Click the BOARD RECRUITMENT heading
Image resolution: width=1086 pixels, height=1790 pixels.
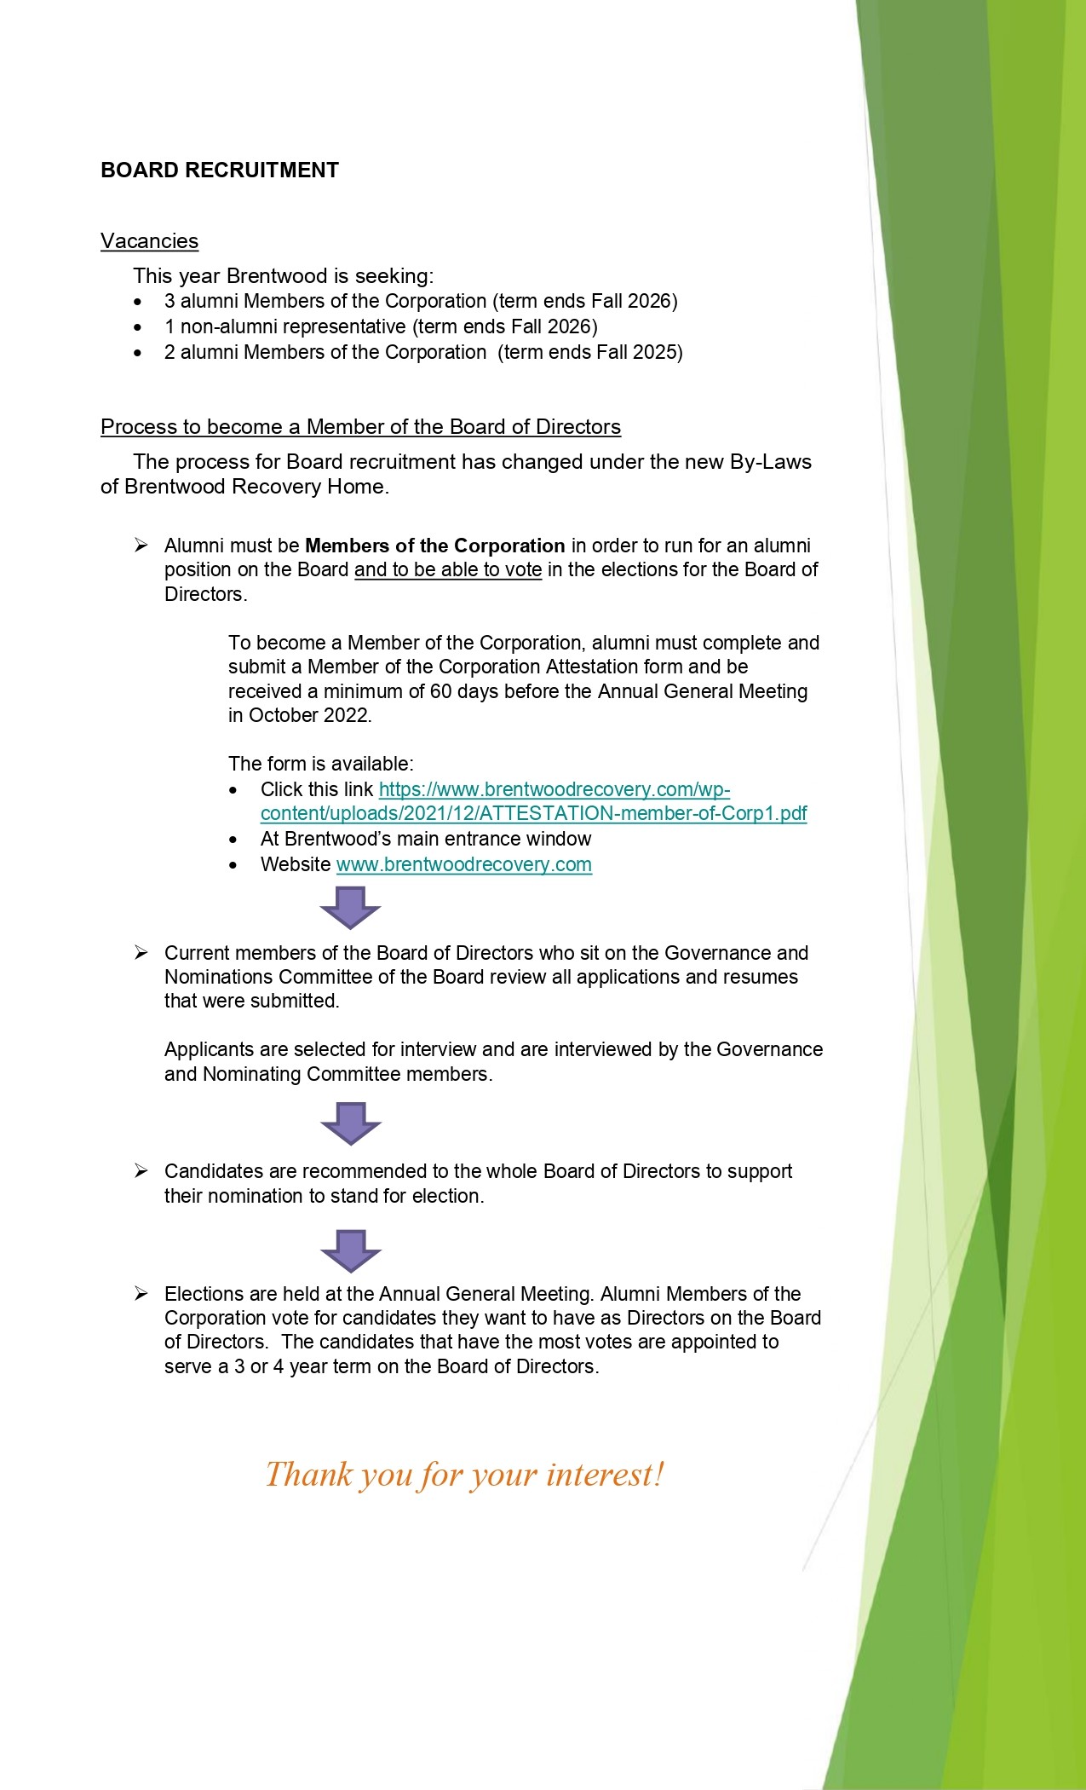click(x=220, y=170)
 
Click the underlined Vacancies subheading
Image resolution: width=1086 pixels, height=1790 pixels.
click(x=149, y=241)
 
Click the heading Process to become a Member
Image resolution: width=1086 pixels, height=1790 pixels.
click(x=360, y=427)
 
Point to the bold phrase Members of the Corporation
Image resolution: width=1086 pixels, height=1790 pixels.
click(x=434, y=546)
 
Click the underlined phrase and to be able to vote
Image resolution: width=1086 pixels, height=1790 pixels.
click(x=448, y=569)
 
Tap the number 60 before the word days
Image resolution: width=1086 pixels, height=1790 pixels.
click(x=440, y=691)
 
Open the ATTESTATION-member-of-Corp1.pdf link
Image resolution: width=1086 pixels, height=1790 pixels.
click(x=533, y=813)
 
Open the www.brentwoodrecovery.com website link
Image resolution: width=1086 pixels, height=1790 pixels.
click(x=463, y=864)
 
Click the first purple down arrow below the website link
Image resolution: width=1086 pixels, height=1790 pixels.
click(x=350, y=908)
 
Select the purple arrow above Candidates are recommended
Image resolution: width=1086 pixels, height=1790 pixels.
click(x=350, y=1123)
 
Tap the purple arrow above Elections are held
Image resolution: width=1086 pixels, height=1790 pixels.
click(x=350, y=1250)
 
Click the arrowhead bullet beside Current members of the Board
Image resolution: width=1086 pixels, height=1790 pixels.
click(x=141, y=953)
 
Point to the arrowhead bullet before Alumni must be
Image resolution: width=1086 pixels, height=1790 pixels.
click(x=141, y=546)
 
